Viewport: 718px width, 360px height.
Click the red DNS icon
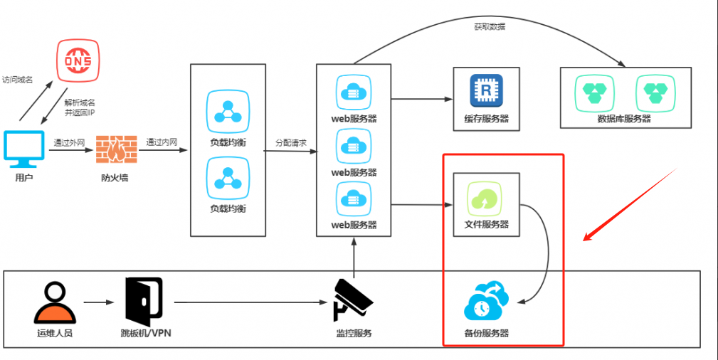[x=78, y=61]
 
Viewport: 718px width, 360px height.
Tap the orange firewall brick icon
[x=114, y=149]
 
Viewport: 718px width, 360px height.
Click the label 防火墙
[x=115, y=178]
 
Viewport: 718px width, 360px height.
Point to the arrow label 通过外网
[x=69, y=142]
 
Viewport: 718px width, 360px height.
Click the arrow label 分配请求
[x=291, y=143]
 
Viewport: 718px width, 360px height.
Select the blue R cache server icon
[x=486, y=91]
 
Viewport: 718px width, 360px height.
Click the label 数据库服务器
[x=625, y=119]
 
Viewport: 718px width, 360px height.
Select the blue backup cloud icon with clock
[x=485, y=302]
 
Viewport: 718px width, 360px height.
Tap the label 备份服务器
[x=486, y=333]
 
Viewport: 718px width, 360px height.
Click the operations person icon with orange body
[x=54, y=303]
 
